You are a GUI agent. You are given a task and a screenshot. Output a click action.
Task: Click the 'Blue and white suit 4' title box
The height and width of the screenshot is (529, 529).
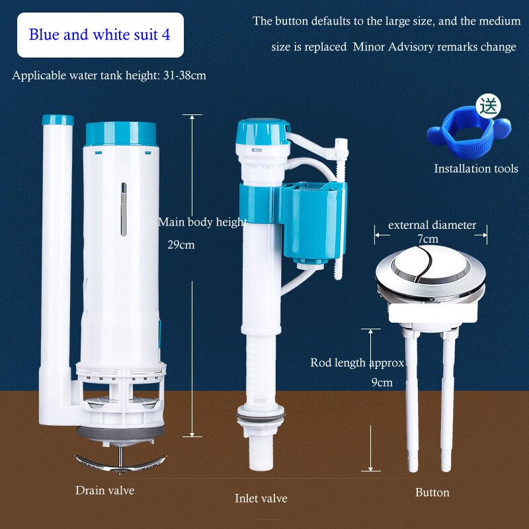pos(100,34)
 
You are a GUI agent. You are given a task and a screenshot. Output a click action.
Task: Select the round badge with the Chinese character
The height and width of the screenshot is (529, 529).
pos(490,105)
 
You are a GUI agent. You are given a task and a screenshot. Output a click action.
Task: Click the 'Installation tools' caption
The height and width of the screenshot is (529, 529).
pos(476,169)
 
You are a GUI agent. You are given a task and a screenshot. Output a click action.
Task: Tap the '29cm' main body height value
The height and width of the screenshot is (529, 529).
pos(181,244)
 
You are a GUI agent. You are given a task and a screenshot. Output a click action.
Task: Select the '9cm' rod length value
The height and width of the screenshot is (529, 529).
pos(382,382)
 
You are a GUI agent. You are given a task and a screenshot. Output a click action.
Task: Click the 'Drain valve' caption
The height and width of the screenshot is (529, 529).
pos(104,490)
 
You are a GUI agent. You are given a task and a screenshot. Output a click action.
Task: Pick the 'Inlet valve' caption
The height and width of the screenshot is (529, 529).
pos(261,498)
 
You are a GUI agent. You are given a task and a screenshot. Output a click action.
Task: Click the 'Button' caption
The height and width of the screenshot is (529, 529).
pos(432,492)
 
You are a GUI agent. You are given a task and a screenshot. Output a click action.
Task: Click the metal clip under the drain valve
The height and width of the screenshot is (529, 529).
pos(120,464)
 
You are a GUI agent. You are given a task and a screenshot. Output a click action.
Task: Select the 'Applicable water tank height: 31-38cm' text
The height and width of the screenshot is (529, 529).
pos(109,75)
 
